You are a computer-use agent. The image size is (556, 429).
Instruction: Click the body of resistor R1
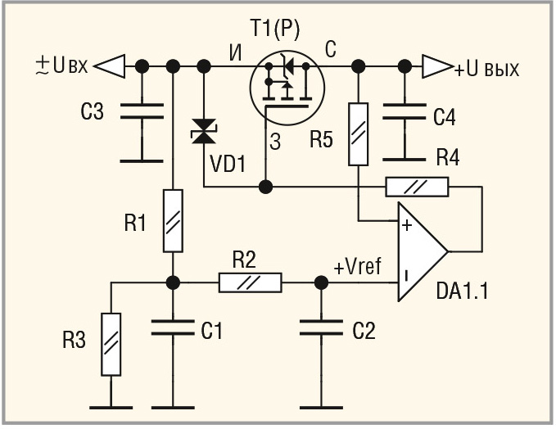pos(173,221)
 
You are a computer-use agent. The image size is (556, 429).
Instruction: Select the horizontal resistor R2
pos(251,282)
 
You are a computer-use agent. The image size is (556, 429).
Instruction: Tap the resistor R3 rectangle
pos(111,344)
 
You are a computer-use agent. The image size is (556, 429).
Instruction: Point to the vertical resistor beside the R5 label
pos(358,134)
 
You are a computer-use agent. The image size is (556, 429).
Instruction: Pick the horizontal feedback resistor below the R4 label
pos(417,187)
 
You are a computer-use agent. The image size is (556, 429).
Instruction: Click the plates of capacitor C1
pos(173,327)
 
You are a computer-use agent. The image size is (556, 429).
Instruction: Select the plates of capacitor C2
pos(321,327)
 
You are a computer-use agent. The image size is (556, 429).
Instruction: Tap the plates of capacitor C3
pos(142,111)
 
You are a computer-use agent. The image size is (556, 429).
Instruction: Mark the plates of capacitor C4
pos(405,111)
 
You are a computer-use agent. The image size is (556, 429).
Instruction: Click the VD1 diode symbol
pos(204,131)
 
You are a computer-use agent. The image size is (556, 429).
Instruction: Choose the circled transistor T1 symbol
pos(287,88)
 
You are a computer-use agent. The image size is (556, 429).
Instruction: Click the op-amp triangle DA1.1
pos(423,251)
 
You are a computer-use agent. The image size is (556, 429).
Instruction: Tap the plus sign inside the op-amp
pos(407,225)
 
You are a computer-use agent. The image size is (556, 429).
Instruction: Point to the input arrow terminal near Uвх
pos(111,66)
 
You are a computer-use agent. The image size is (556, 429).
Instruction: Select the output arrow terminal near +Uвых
pos(437,66)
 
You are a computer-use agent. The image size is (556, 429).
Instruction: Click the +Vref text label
pos(357,266)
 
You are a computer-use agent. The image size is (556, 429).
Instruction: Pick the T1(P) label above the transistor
pos(275,28)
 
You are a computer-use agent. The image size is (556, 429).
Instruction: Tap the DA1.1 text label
pos(462,291)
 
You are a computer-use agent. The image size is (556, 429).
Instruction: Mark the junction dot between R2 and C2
pos(321,282)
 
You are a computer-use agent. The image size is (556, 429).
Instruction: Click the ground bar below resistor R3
pos(111,408)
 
